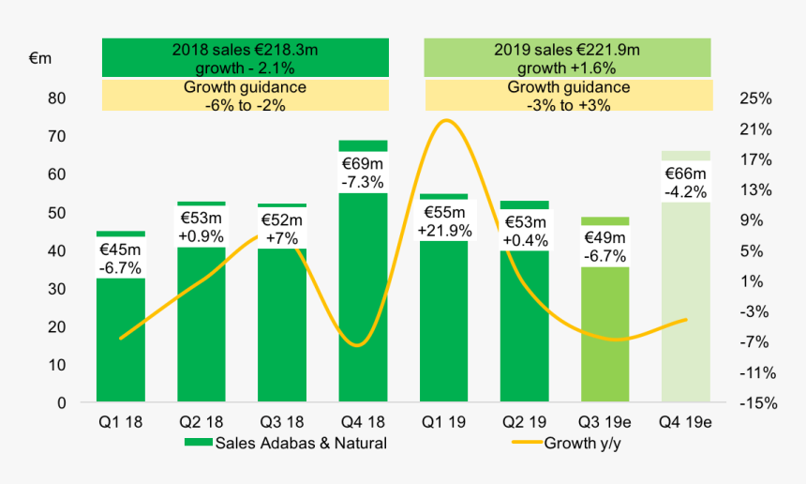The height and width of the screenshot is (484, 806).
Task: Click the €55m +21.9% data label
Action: pos(443,222)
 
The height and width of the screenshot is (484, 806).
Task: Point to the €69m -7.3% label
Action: pos(363,171)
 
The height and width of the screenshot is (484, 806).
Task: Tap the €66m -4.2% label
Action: pos(685,182)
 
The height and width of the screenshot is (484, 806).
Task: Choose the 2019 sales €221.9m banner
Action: pos(567,58)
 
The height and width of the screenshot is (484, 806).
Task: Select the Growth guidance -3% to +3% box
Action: pos(567,96)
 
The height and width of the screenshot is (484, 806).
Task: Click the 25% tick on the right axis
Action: pos(755,98)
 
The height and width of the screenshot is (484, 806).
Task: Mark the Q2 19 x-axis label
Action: pos(524,423)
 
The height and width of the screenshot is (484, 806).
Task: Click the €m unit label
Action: pos(40,58)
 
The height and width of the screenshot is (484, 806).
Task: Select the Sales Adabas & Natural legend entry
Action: pos(286,443)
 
